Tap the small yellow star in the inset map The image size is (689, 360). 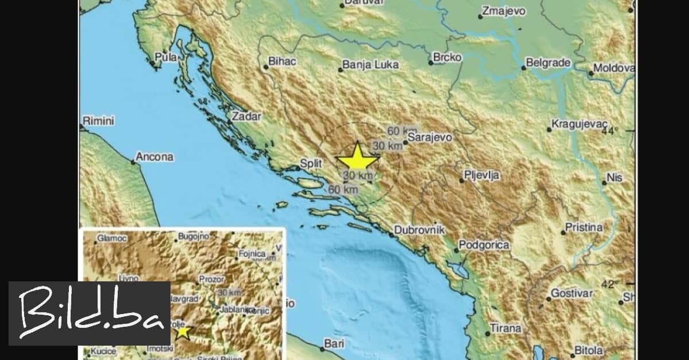click(x=183, y=331)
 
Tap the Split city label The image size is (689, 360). click(x=311, y=164)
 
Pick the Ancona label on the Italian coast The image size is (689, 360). click(x=154, y=156)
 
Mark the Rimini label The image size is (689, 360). click(x=99, y=121)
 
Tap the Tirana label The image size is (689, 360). click(x=505, y=329)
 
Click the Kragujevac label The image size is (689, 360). click(x=578, y=123)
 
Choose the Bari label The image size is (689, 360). click(x=334, y=343)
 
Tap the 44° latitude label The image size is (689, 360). click(x=609, y=131)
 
